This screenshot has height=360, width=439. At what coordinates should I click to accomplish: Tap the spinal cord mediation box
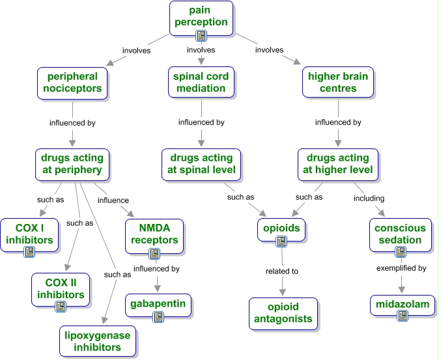click(x=201, y=82)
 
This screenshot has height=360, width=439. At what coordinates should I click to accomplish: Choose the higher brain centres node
click(x=338, y=82)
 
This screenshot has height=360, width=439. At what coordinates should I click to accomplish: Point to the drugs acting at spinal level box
click(x=202, y=163)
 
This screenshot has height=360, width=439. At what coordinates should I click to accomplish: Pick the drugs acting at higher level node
click(x=338, y=163)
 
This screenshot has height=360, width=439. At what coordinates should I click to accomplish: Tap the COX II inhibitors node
click(x=59, y=288)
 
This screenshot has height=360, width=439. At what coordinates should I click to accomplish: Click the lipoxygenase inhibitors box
click(x=97, y=341)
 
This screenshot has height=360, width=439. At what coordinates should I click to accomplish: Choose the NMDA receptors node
click(x=154, y=234)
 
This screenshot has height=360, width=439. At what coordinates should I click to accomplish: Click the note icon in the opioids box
click(x=281, y=242)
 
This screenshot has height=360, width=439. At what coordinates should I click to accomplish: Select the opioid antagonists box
click(x=282, y=313)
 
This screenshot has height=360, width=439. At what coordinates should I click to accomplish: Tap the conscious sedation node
click(x=399, y=234)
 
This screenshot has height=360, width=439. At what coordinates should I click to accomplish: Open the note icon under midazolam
click(x=403, y=316)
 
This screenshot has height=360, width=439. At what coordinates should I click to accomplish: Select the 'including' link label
click(x=369, y=198)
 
